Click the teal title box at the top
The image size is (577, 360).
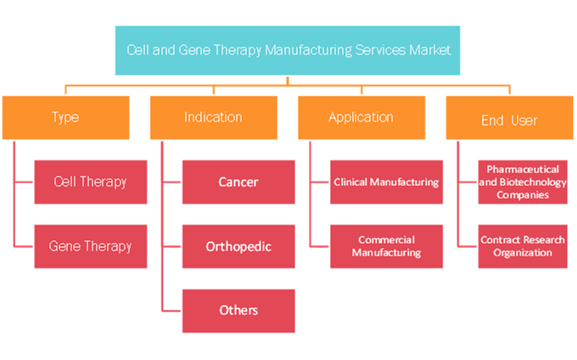click(x=288, y=50)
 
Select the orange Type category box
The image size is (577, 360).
click(x=66, y=118)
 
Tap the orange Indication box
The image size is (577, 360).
click(x=214, y=118)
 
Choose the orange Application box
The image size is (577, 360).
click(x=361, y=118)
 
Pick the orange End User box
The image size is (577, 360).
click(x=509, y=118)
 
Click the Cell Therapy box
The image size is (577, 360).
click(x=91, y=182)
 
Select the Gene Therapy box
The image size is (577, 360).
click(x=91, y=246)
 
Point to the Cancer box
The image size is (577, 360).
click(x=238, y=182)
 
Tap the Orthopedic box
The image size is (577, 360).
click(x=238, y=246)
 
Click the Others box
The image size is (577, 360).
click(x=238, y=311)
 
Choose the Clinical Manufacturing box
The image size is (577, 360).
click(x=386, y=182)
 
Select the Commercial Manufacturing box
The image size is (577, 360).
click(x=386, y=246)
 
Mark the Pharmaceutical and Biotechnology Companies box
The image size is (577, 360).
click(x=523, y=182)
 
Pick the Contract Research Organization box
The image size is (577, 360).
click(x=523, y=246)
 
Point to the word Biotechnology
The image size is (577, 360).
click(x=533, y=183)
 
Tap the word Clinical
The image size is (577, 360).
click(x=350, y=183)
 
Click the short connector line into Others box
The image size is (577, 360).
click(x=171, y=311)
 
